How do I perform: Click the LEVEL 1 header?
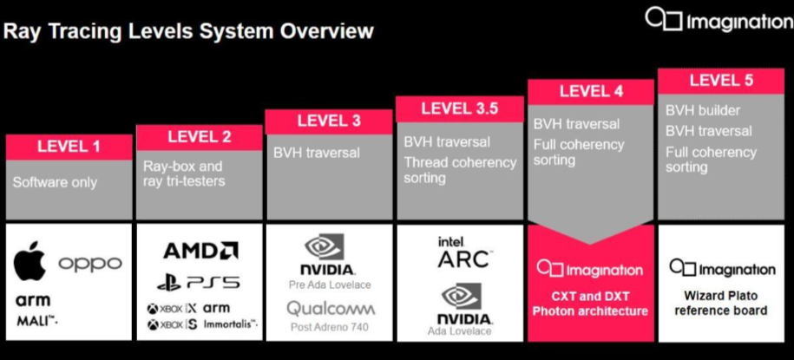point(69,147)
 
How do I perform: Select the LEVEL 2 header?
point(200,136)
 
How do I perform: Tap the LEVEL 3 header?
point(329,121)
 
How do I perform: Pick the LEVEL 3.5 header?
point(459,108)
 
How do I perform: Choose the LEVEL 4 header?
point(590,91)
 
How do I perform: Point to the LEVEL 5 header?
point(721,80)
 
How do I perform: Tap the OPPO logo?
point(90,264)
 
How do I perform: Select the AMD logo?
point(200,252)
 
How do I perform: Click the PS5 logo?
point(199,282)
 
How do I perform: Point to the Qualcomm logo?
point(331,308)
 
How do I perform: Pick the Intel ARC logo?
point(463,252)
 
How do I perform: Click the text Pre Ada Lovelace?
point(330,285)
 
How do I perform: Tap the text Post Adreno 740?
point(330,327)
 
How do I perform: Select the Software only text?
point(55,182)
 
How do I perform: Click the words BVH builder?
point(703,111)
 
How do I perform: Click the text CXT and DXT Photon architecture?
point(590,304)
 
